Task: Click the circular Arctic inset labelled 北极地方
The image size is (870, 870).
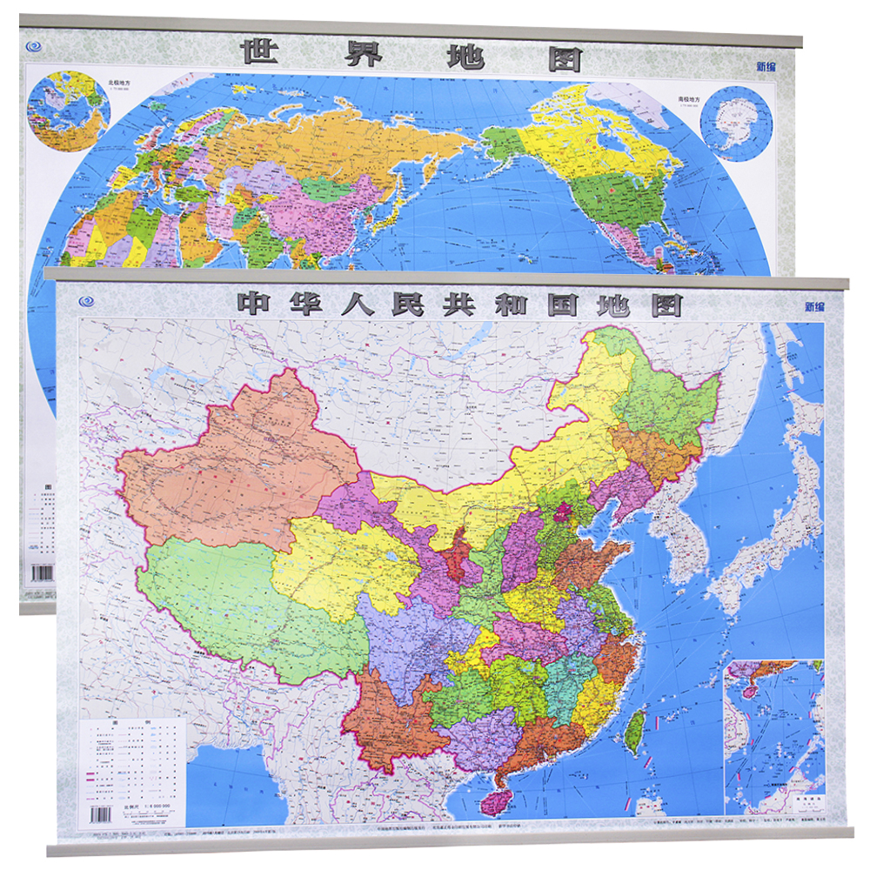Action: (67, 111)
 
